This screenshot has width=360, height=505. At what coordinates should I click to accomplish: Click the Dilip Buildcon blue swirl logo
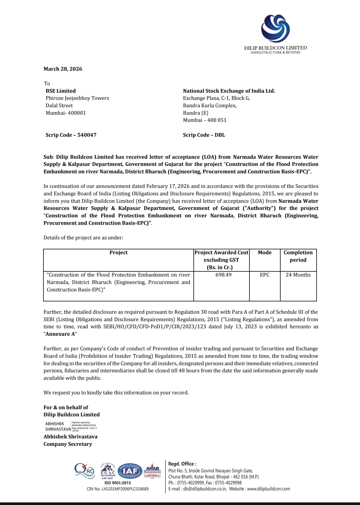click(275, 29)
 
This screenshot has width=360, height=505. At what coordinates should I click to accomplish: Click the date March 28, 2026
click(63, 69)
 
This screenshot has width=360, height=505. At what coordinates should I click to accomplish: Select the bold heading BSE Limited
click(61, 91)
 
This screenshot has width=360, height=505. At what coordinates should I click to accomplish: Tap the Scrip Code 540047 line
click(71, 135)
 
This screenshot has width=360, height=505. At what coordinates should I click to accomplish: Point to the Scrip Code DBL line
click(204, 135)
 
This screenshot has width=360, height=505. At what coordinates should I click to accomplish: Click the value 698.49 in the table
click(223, 275)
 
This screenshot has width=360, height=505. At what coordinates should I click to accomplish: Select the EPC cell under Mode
click(265, 275)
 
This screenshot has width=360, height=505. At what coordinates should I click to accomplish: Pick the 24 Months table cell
click(298, 275)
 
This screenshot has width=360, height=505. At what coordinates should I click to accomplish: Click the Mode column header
click(265, 252)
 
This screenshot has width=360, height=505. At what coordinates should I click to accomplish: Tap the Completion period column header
click(298, 256)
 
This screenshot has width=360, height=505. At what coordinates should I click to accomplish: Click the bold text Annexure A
click(60, 334)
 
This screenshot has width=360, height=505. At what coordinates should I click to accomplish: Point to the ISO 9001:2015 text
click(118, 483)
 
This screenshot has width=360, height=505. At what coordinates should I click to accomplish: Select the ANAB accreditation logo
click(152, 471)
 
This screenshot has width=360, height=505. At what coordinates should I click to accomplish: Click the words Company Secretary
click(68, 444)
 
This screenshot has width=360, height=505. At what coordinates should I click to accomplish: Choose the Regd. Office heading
click(182, 464)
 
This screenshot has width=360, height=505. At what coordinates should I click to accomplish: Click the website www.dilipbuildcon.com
click(268, 489)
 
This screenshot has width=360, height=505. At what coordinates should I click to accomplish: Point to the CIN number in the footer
click(117, 489)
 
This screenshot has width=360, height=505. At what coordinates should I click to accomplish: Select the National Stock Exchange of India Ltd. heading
click(229, 91)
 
